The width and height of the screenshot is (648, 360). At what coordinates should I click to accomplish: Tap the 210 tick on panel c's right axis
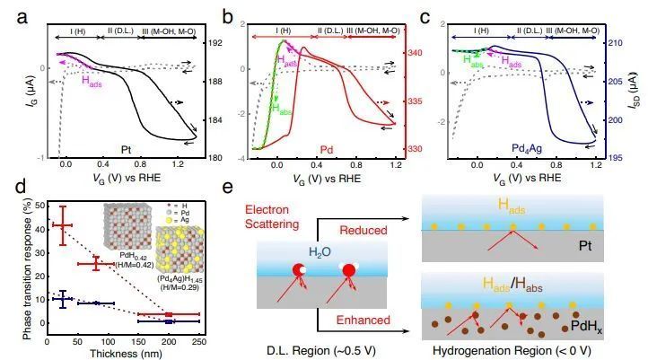(623, 43)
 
